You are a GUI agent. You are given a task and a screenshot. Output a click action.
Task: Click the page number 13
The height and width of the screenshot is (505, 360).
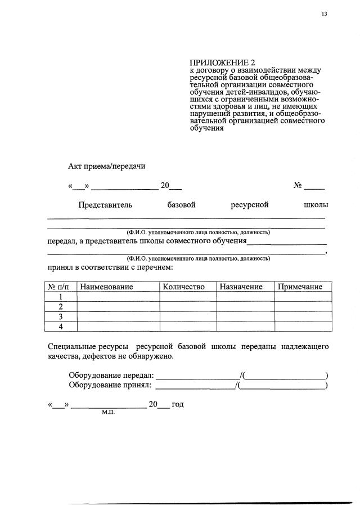click(x=324, y=15)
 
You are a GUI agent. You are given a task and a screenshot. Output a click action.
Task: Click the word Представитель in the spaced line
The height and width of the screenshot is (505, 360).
click(x=105, y=205)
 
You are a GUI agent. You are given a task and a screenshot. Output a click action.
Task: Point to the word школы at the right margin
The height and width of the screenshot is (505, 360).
click(x=316, y=205)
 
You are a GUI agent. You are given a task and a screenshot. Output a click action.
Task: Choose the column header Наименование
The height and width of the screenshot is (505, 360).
click(x=106, y=287)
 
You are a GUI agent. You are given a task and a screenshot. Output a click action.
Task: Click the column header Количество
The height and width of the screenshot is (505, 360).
click(x=183, y=287)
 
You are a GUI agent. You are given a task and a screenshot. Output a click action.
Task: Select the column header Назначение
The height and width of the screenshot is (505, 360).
click(x=241, y=287)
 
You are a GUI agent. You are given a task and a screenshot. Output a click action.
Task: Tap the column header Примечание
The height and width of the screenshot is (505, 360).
click(x=300, y=287)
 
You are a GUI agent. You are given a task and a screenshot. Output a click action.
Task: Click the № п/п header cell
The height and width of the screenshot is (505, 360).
click(x=60, y=287)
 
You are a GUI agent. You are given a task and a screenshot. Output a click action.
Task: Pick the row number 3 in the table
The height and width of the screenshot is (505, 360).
click(x=60, y=316)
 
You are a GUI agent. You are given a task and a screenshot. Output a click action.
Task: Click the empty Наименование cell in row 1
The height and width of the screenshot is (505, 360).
click(x=118, y=297)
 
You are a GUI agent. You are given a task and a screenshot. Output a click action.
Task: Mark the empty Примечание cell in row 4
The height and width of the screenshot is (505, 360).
click(x=303, y=327)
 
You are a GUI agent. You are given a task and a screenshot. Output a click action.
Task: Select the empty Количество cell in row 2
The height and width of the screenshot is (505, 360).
click(x=188, y=307)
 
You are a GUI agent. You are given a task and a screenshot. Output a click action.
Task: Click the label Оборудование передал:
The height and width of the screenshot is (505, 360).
click(x=111, y=376)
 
